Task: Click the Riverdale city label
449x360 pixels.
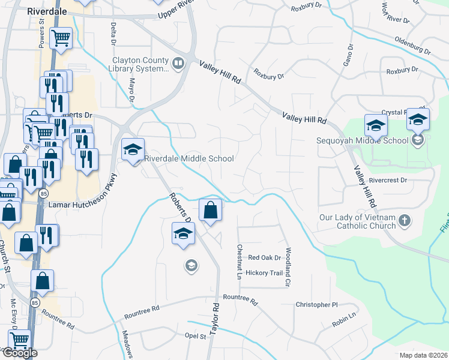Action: click(x=50, y=11)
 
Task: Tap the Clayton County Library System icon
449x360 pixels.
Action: click(x=178, y=64)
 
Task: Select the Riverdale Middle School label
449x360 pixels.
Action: click(x=189, y=159)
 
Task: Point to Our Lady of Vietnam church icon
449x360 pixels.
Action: click(x=405, y=220)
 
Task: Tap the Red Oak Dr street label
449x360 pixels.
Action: click(x=265, y=257)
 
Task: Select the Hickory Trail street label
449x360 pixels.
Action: click(x=264, y=273)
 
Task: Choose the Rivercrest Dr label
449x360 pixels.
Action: click(x=388, y=179)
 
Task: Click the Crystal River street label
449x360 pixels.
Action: click(x=394, y=113)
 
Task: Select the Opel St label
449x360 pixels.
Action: click(x=196, y=336)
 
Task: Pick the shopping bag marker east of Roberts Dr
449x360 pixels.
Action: click(x=210, y=210)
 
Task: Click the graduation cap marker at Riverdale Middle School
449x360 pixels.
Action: click(x=133, y=150)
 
